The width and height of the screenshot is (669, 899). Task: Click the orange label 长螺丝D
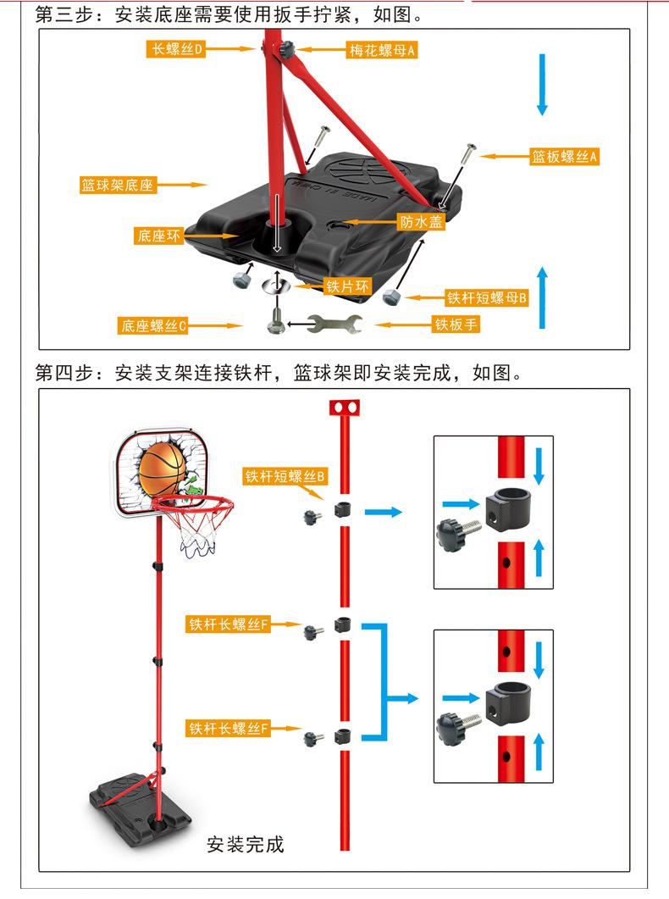coord(177,50)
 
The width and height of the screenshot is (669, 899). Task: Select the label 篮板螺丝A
coord(565,157)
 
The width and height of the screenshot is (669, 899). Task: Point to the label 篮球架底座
coord(118,185)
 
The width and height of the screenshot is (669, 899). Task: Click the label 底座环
coord(159,236)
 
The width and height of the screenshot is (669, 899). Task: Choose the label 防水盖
coord(421,222)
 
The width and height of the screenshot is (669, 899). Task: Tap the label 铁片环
coord(348,286)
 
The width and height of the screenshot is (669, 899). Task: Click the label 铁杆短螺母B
coord(487,297)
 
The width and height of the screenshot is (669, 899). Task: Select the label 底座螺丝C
coord(153,325)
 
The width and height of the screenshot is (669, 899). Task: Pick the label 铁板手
coord(456,325)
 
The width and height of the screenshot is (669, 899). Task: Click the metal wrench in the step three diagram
coord(334,324)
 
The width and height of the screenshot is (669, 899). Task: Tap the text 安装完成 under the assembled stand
coord(246,845)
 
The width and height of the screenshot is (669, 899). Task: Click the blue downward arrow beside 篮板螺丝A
coord(543,85)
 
